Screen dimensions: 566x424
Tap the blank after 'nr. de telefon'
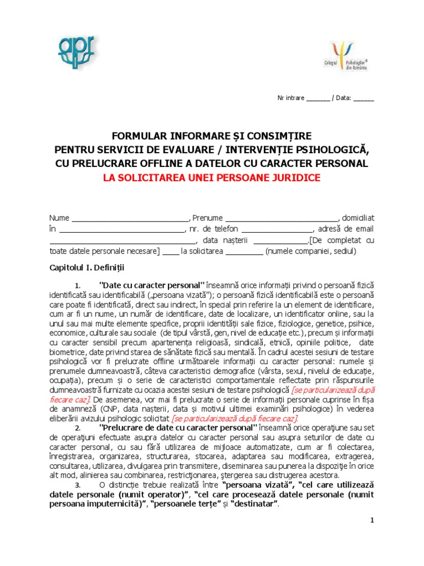(x=277, y=229)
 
